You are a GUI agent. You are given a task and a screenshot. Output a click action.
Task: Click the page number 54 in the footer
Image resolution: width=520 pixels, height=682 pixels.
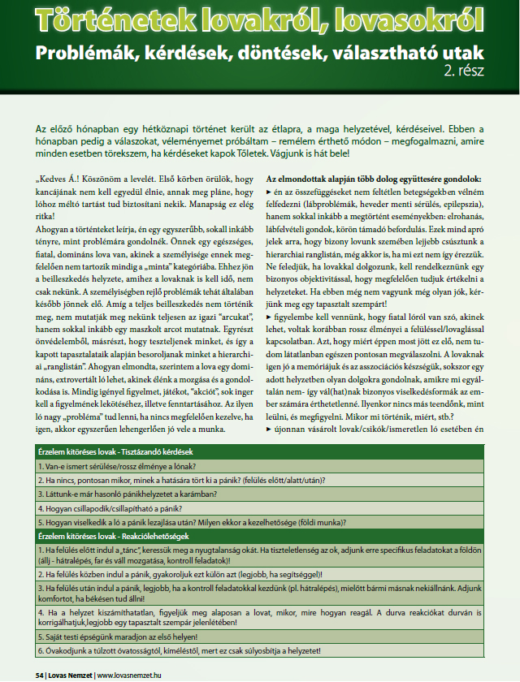[40, 674]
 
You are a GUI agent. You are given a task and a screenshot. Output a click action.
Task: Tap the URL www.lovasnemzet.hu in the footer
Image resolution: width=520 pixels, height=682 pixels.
[139, 674]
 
